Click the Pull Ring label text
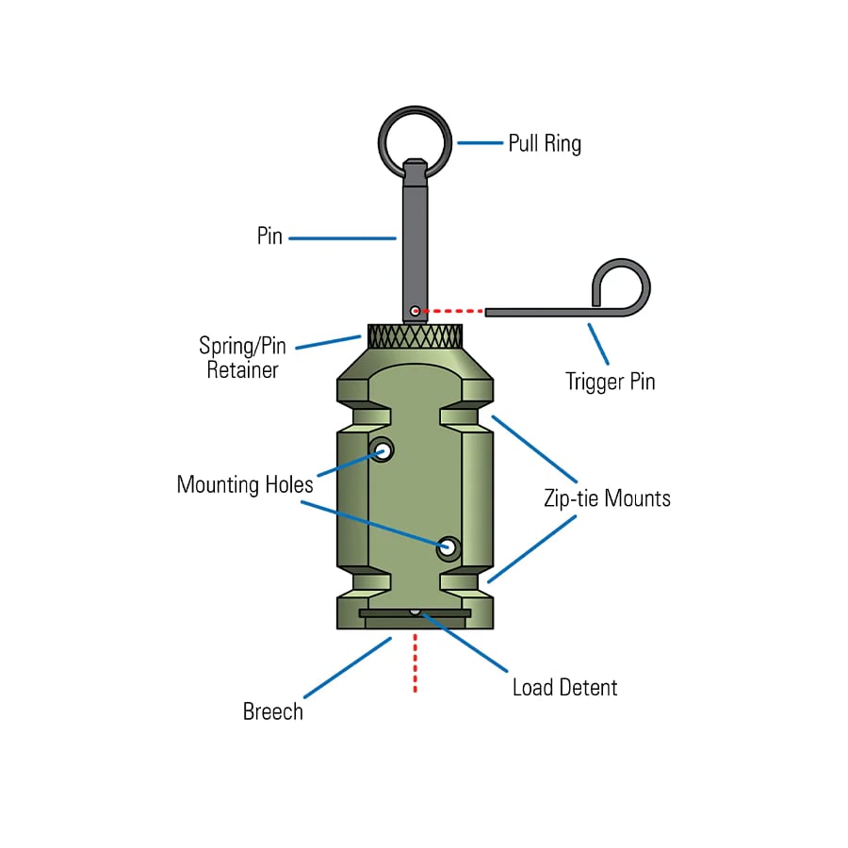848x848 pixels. [544, 144]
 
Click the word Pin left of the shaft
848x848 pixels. [269, 236]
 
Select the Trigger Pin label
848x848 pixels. [610, 383]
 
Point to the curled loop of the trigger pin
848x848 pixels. [622, 284]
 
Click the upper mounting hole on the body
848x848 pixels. [382, 450]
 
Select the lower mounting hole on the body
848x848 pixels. [449, 547]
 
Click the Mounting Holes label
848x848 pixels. [245, 485]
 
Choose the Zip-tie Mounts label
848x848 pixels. [607, 498]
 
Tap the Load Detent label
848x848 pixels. [564, 687]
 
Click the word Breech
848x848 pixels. [273, 711]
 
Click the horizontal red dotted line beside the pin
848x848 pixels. [452, 310]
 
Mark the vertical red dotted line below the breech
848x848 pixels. [415, 664]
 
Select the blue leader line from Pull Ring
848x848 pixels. [480, 143]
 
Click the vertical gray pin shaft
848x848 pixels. [415, 236]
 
